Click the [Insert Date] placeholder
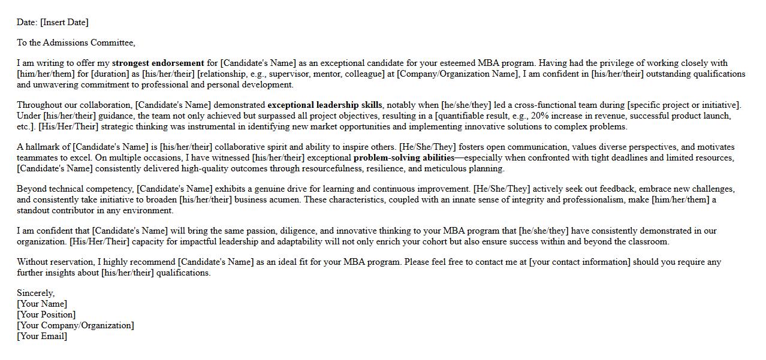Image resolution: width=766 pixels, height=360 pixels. point(64,22)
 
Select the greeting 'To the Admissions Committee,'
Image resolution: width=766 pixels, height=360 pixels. point(76,43)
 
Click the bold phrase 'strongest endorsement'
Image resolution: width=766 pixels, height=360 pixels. point(158,63)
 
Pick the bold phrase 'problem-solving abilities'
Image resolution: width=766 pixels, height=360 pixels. point(404,158)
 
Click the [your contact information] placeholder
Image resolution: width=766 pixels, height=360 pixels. point(580,262)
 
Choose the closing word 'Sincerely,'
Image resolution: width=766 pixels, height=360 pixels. point(36,293)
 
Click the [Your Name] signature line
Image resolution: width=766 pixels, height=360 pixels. point(42,304)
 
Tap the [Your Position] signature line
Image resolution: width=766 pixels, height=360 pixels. point(46,314)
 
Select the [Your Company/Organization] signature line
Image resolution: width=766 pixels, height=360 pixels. point(76,325)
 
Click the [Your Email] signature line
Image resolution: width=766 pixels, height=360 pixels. point(42,336)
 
